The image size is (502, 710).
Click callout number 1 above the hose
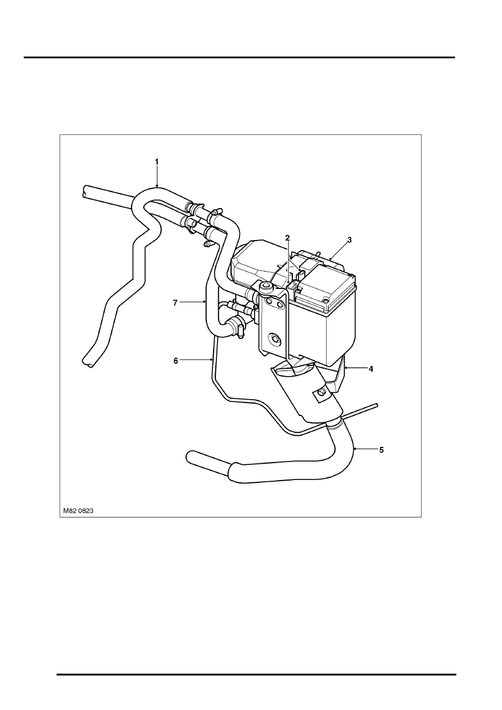pos(156,162)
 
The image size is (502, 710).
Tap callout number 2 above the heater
pos(287,238)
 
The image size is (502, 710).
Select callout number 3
pos(349,240)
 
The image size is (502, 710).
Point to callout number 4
pos(371,369)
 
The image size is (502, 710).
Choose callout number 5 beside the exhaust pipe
pos(382,450)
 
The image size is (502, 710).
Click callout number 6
pos(176,360)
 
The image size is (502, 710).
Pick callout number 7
pos(175,302)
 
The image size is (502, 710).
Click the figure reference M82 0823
pos(78,510)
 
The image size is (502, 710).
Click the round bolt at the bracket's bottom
pos(274,338)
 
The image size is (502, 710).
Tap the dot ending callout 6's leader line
pos(211,359)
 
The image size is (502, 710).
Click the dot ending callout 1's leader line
pos(157,186)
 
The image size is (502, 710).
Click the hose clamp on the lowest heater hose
pos(236,327)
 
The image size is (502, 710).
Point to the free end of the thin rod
pos(377,405)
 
